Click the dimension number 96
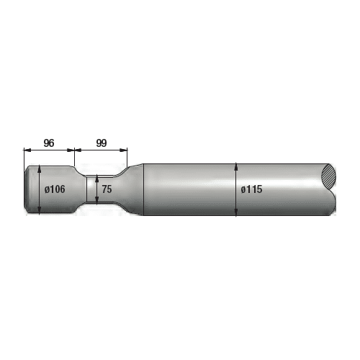pos(49,143)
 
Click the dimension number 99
pos(102,143)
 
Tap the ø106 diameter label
pos(55,189)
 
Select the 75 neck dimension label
pos(107,189)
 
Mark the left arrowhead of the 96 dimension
pos(27,150)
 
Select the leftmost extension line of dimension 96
pos(24,157)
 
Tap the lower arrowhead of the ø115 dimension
pos(236,213)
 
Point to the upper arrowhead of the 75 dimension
pos(97,177)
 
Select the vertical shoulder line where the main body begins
pos(143,189)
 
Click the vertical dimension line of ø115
pos(236,202)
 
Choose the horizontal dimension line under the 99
pos(102,150)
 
